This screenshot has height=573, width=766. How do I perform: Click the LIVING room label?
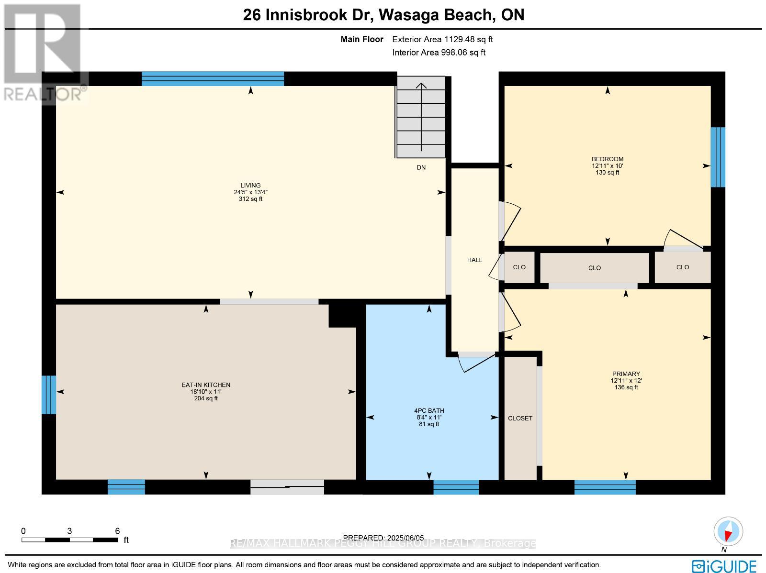pos(250,186)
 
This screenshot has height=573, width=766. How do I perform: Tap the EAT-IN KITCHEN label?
pos(206,385)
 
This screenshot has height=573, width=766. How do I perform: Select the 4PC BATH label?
pos(429,410)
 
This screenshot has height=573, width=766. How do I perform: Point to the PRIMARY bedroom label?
pos(626,374)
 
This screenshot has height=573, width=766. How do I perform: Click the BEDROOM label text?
pos(608,159)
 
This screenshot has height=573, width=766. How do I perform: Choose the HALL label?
pos(474,260)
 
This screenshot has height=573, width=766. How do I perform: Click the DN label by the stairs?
pos(421,167)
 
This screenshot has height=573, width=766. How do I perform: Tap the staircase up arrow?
pos(421,117)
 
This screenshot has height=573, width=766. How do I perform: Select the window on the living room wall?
pos(213,79)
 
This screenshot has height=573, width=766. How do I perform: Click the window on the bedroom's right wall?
pos(718,157)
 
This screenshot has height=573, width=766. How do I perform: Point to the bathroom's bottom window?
pos(456,487)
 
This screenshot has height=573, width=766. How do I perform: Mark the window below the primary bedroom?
pos(605,487)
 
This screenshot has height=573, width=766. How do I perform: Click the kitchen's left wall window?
pos(49,395)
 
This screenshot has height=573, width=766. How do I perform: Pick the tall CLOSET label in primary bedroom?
pos(520,418)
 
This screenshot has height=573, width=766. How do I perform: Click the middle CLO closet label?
pos(594,268)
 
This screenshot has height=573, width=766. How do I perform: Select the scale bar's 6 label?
pos(117,531)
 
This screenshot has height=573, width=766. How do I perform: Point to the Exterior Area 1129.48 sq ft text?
pos(442,39)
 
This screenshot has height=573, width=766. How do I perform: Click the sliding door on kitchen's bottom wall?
pos(287,487)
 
